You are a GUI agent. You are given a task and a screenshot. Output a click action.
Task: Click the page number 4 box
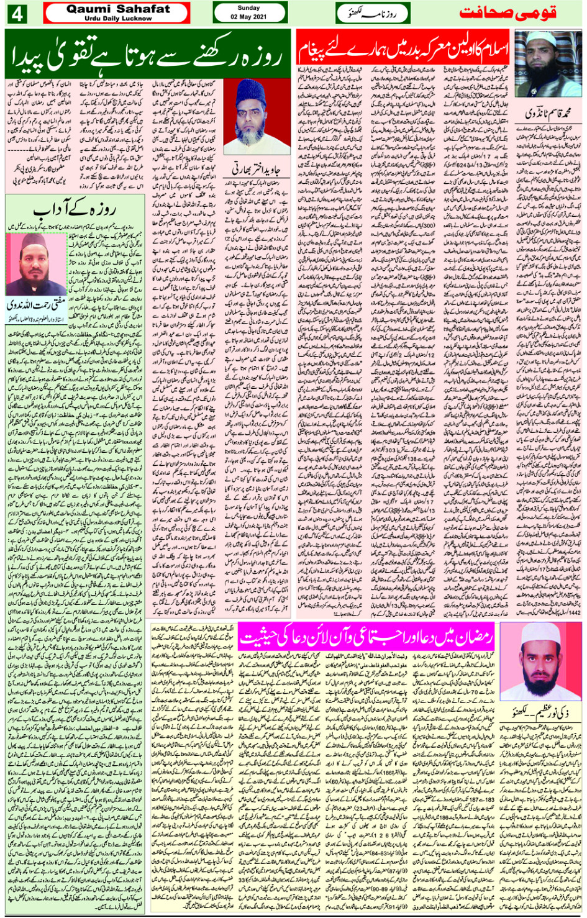pos(17,14)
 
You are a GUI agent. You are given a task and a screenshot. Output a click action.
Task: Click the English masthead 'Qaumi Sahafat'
pos(117,9)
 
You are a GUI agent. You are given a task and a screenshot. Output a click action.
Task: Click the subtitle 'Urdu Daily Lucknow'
pos(117,19)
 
